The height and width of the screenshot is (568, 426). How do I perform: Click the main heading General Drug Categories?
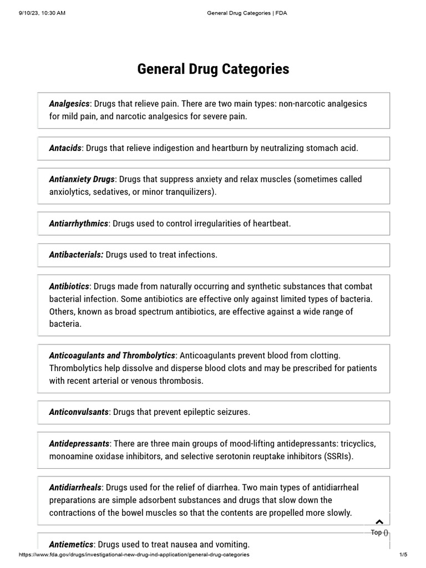(213, 69)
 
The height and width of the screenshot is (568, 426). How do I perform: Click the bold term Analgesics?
(69, 104)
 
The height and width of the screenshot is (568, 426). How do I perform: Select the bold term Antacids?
(65, 148)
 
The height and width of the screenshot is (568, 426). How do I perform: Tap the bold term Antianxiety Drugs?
(82, 179)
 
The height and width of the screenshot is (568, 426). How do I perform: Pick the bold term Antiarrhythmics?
(78, 224)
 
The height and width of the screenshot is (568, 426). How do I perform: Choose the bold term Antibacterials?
(76, 255)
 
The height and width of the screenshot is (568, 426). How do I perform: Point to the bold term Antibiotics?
(69, 286)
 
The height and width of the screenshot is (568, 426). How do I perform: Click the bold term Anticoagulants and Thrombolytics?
(112, 355)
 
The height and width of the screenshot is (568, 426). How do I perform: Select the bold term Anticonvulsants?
(79, 412)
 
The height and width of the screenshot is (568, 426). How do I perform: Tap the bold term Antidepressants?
(79, 444)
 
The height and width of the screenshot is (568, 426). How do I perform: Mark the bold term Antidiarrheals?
(75, 488)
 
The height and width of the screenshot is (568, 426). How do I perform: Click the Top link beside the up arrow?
(379, 532)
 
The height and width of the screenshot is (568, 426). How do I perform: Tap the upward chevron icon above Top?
(379, 522)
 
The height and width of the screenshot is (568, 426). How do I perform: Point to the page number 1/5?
(403, 555)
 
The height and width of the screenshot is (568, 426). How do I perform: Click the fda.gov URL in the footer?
(134, 555)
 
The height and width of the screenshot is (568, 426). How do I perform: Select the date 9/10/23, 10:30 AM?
(42, 13)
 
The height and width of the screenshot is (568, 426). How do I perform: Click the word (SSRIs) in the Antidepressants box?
(334, 457)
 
